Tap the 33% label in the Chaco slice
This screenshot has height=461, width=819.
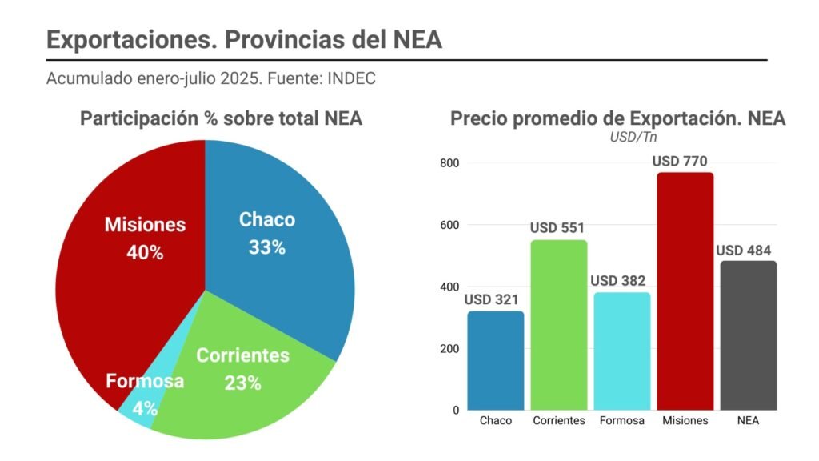coord(266,247)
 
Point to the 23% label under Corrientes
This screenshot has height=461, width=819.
coord(242,383)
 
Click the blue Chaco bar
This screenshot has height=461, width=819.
coord(496,360)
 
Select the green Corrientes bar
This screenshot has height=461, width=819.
coord(558,324)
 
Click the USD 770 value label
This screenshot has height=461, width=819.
coord(680,161)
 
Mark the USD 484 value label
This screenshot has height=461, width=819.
coord(743,250)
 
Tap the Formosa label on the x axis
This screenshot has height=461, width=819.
coord(621,421)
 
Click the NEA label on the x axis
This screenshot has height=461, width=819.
coord(748,421)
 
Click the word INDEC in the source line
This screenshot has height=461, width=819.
coord(353,79)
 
